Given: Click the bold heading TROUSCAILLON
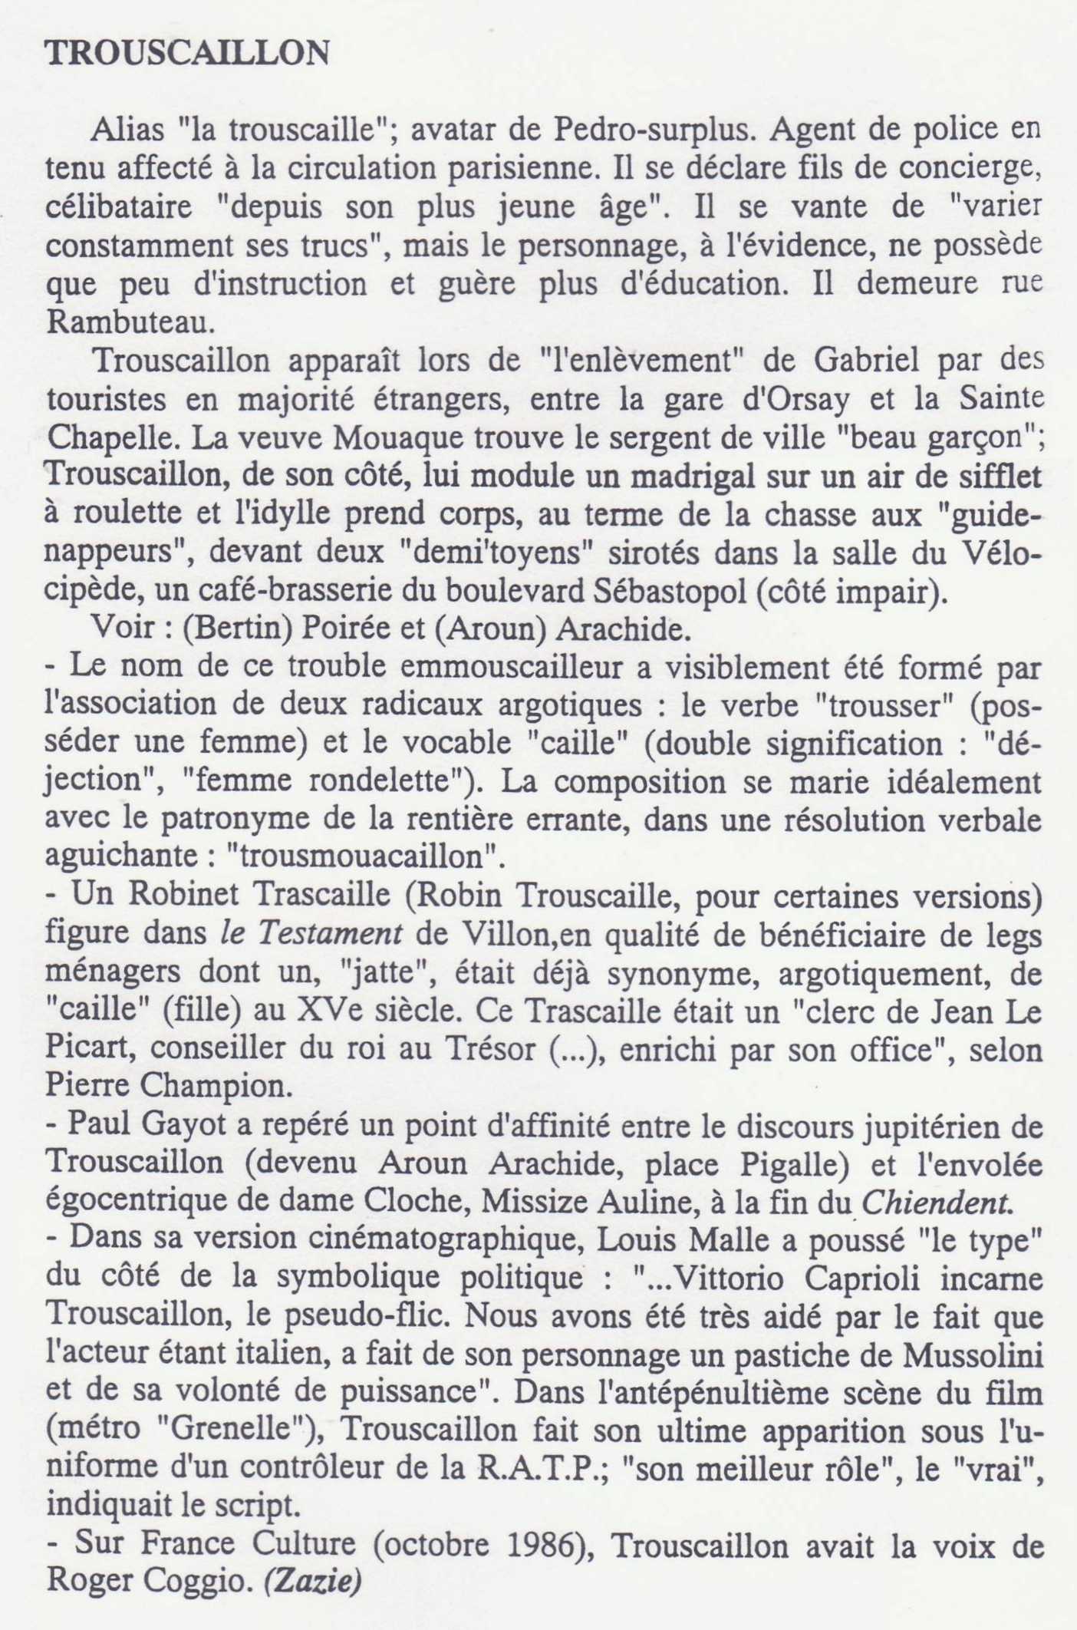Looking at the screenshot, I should [x=188, y=54].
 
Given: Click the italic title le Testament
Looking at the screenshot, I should [x=311, y=934].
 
